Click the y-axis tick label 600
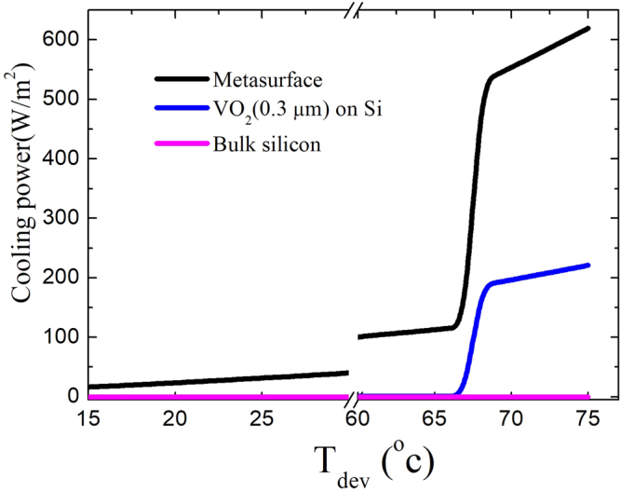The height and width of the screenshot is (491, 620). pos(57,40)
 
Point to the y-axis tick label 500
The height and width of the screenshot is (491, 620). pos(57,100)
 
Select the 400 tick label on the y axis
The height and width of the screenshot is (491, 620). pos(57,159)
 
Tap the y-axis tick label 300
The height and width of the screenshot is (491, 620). pos(57,219)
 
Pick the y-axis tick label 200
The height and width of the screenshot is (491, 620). pos(57,278)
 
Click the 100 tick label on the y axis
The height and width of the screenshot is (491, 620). pos(57,337)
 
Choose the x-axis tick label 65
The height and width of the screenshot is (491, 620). pos(435,419)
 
